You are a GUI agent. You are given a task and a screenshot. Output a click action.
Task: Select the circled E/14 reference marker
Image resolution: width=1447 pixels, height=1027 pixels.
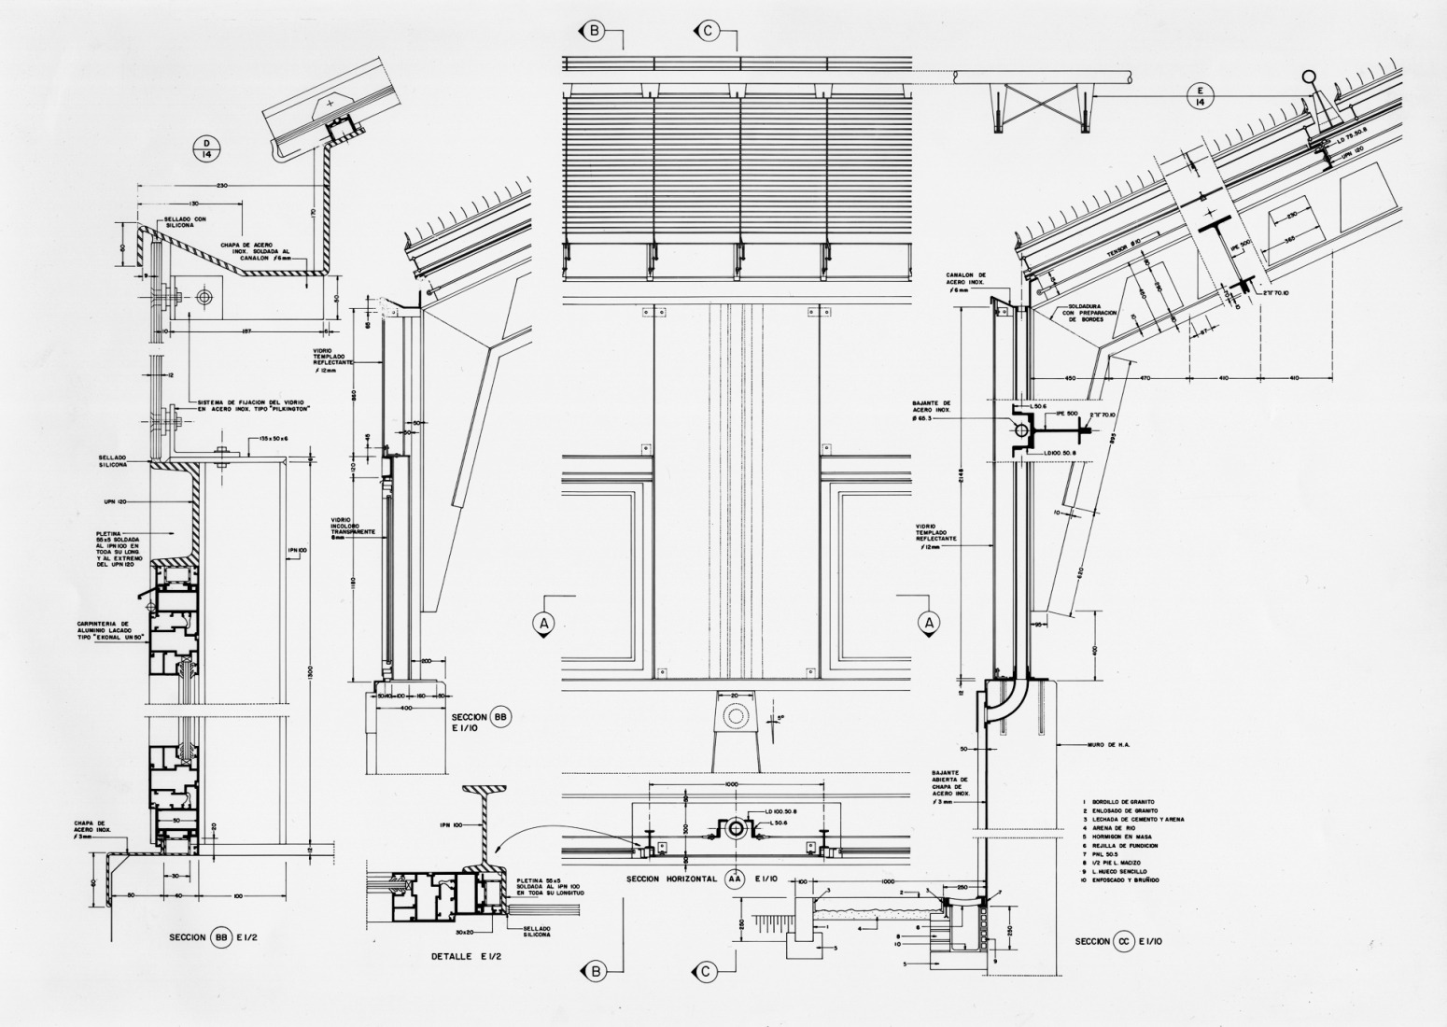point(1198,94)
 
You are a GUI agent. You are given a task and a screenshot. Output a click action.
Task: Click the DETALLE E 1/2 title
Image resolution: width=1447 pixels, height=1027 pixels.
point(467,955)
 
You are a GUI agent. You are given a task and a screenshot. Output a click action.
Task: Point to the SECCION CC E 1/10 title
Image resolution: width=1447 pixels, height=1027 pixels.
point(1118,941)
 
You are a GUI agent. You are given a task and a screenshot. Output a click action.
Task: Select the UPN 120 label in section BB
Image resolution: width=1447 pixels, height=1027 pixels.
point(116,501)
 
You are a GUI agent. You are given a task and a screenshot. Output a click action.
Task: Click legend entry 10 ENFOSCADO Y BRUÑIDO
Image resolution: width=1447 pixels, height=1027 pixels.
point(1120,880)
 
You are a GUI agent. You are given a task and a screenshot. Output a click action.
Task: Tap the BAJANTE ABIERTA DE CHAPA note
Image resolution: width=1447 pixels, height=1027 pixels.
point(950,787)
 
